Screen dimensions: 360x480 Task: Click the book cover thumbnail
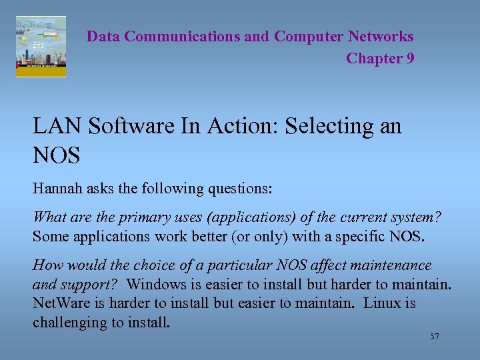tap(41, 47)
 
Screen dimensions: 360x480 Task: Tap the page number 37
tap(434, 337)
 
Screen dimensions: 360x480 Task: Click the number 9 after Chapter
tap(409, 59)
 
